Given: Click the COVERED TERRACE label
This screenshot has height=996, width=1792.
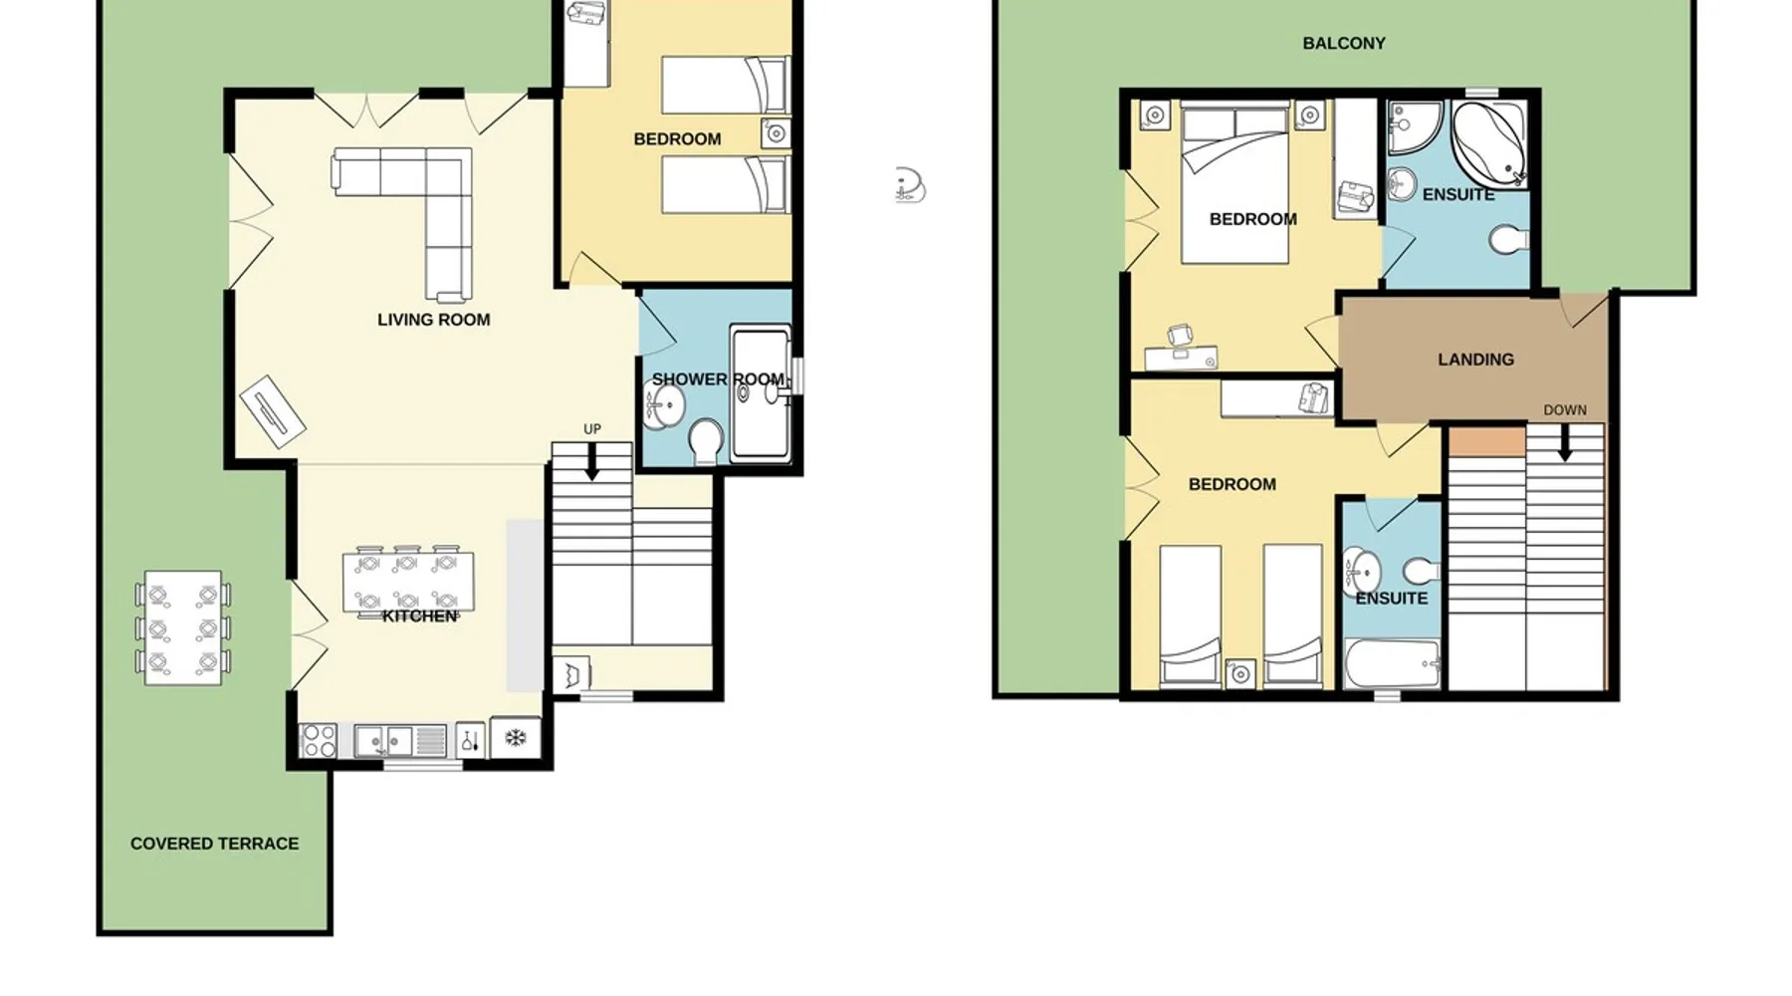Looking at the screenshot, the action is (214, 844).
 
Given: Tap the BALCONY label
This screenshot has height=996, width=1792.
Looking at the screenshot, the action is (1344, 43).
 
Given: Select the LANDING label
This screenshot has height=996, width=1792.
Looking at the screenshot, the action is (1475, 360).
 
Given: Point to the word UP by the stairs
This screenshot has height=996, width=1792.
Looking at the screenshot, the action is (592, 429).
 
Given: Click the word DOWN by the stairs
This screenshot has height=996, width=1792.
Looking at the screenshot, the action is (1565, 410).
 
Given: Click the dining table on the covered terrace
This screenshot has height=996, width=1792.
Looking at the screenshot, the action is (183, 627).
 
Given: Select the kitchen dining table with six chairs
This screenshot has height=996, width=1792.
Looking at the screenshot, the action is (407, 582).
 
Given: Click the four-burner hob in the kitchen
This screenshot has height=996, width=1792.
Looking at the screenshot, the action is (319, 741).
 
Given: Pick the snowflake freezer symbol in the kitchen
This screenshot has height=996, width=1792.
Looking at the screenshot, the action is (516, 738).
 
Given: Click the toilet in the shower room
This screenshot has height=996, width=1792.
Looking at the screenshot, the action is (706, 440).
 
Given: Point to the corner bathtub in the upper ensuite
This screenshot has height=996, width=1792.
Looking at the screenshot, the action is (1489, 143).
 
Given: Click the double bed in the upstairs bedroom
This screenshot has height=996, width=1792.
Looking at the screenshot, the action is (1235, 185).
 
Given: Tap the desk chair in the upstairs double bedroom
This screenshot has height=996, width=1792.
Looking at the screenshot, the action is (1180, 338).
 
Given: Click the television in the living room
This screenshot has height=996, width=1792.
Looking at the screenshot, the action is (272, 411).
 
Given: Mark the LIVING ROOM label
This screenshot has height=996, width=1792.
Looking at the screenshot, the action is (434, 320).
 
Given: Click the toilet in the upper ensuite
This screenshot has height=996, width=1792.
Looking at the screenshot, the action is (1510, 240).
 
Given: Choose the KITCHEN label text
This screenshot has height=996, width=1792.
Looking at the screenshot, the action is (420, 617).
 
